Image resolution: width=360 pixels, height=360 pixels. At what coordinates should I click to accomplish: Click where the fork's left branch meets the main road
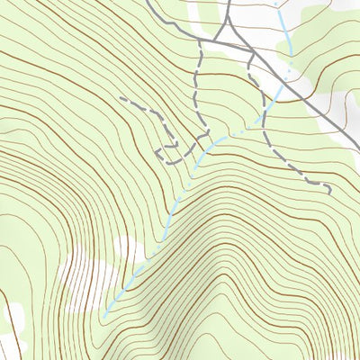coord(217,40)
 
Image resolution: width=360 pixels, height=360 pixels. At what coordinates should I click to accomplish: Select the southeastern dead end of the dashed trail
coord(330,192)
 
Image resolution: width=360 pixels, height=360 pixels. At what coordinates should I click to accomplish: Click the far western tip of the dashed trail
coord(121,99)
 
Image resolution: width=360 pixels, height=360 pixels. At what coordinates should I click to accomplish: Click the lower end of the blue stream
coord(103,316)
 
